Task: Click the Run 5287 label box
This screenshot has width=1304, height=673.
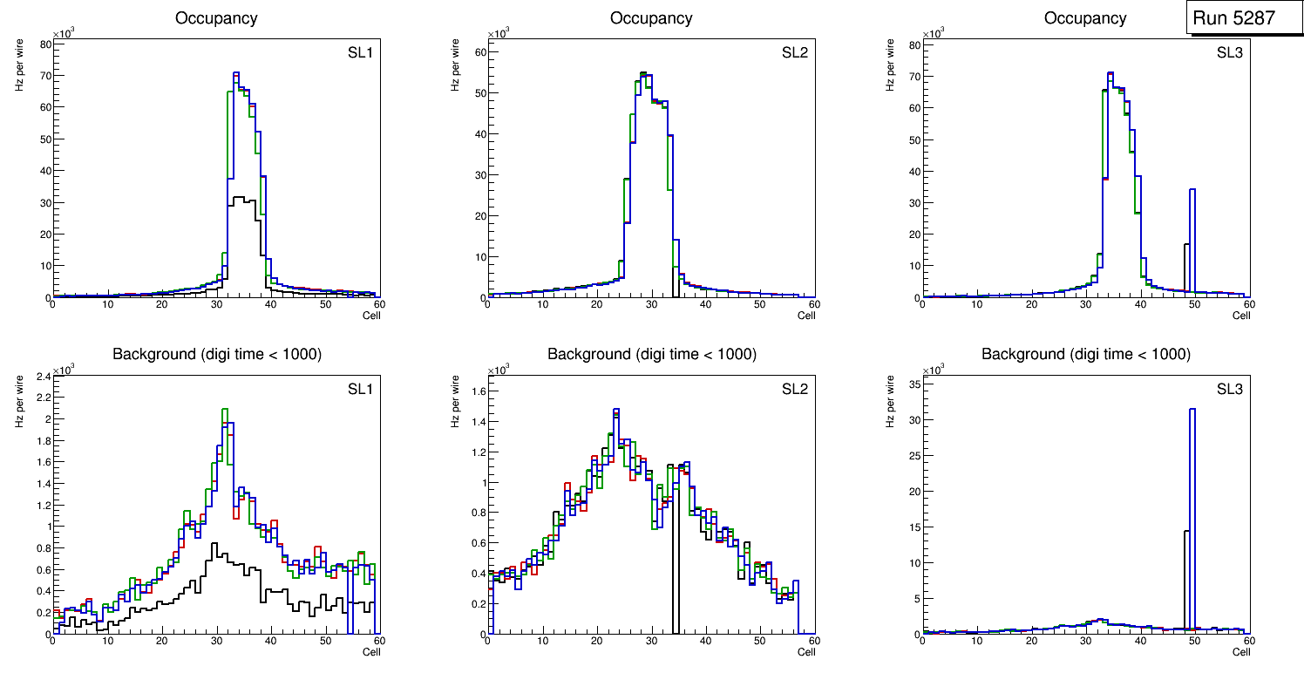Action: (1240, 17)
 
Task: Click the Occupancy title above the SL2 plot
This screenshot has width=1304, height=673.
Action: (651, 18)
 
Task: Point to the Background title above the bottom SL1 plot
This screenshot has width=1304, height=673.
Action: (217, 354)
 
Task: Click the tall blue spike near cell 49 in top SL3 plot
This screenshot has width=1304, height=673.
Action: (1192, 240)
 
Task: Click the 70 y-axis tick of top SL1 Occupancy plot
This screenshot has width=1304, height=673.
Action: (43, 76)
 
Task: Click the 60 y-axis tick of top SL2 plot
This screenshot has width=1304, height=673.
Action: (478, 52)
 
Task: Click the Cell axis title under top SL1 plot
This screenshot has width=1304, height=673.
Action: (371, 316)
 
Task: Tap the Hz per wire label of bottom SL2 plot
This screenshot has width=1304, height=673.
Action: (454, 401)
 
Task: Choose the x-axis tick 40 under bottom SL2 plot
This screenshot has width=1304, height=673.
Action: (704, 641)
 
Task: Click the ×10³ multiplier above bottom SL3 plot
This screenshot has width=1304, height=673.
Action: (933, 370)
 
